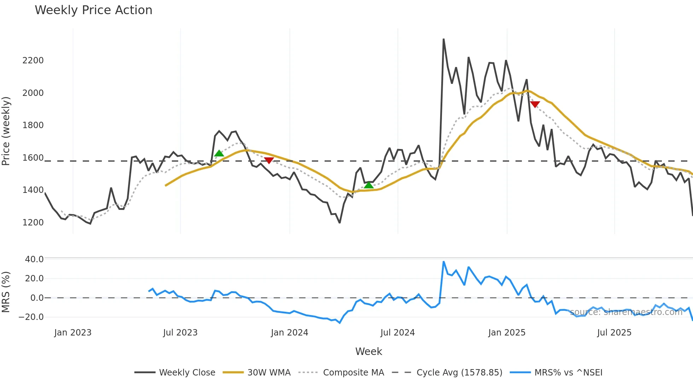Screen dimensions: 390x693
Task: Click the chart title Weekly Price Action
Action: [93, 10]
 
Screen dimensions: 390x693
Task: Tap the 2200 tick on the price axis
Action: [33, 61]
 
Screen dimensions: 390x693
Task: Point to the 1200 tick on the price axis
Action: [33, 223]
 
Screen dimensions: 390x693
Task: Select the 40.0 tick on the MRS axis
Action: [34, 259]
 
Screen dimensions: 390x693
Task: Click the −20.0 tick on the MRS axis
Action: [31, 317]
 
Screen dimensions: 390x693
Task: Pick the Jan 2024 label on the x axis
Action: [289, 333]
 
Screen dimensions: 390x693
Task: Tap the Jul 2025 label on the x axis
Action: [614, 333]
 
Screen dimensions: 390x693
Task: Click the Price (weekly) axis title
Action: [6, 131]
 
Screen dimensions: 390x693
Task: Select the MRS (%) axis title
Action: [6, 292]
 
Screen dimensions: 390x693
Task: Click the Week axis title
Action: [368, 351]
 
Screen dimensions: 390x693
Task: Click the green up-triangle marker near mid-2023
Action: [219, 153]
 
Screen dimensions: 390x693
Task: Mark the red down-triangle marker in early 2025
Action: [535, 104]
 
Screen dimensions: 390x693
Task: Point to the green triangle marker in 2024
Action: [368, 185]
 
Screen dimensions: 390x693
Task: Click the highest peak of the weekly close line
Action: [443, 39]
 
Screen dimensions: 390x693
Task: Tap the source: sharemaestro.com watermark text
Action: [626, 312]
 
